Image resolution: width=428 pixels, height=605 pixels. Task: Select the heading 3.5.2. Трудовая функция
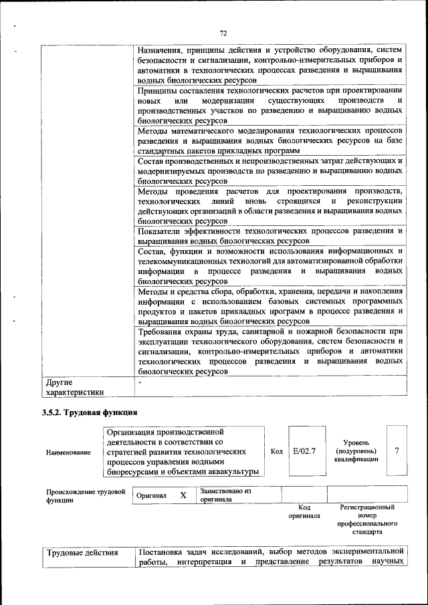[x=90, y=412]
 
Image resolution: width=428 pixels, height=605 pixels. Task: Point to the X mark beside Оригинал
[x=183, y=495]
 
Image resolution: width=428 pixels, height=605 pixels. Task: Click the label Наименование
[x=69, y=453]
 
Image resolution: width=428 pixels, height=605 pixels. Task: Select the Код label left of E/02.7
[x=276, y=451]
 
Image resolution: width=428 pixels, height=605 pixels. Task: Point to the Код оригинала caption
[x=304, y=512]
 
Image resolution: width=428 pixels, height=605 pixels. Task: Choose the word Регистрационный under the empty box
[x=367, y=508]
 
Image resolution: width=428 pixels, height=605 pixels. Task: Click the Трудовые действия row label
[x=82, y=553]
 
